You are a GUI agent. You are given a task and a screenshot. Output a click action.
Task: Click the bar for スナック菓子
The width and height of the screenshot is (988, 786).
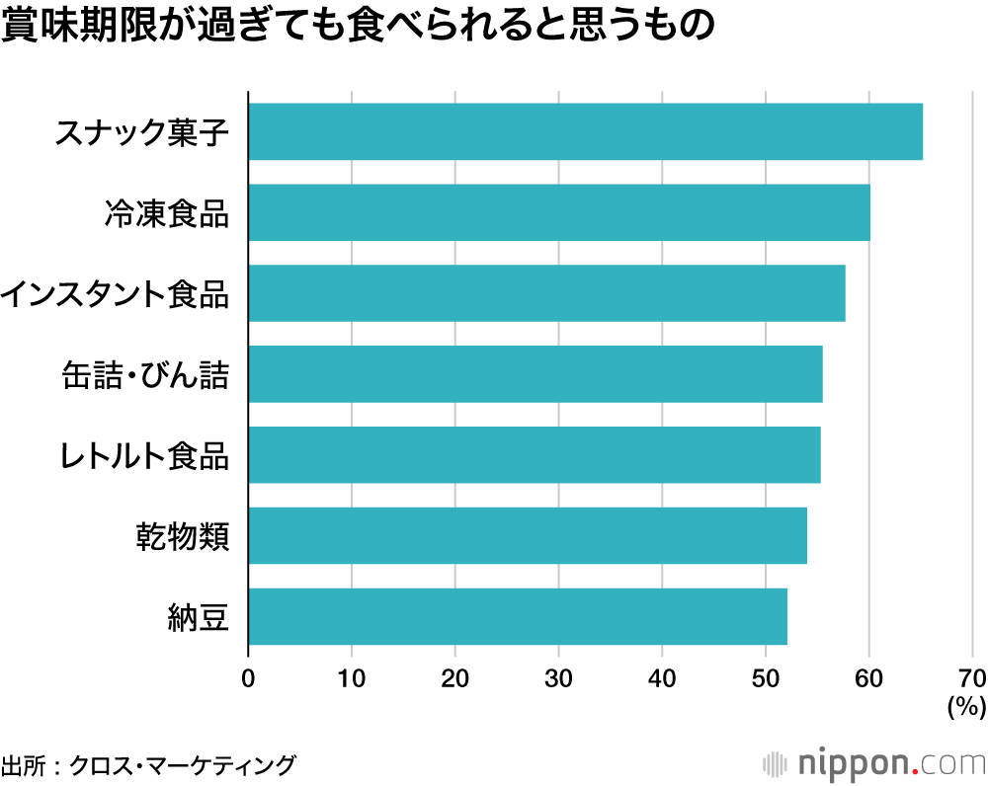click(x=585, y=131)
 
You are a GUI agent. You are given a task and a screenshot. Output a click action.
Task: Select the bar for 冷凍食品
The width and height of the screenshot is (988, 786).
click(x=559, y=212)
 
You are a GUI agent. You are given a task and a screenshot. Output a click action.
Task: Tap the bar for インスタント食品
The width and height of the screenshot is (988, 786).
click(x=546, y=293)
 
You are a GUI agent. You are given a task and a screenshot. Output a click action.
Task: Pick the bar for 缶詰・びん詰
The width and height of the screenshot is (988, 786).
click(x=535, y=374)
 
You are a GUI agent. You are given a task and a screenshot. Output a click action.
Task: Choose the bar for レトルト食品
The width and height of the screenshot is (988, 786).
click(x=534, y=455)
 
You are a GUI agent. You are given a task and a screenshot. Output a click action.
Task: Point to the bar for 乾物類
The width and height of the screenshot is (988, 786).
click(x=527, y=536)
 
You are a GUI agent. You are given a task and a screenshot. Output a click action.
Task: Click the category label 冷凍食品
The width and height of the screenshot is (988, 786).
click(x=166, y=213)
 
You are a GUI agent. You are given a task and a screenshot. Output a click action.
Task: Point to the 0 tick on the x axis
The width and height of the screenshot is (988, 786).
click(x=248, y=678)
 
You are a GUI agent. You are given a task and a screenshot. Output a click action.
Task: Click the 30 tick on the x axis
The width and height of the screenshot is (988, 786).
click(x=558, y=678)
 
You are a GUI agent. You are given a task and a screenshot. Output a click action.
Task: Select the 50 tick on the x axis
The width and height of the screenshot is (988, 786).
click(x=765, y=678)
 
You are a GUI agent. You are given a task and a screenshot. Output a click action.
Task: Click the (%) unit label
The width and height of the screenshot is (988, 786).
click(x=966, y=707)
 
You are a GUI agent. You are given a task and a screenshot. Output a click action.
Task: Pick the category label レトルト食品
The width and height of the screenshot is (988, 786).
click(x=143, y=456)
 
